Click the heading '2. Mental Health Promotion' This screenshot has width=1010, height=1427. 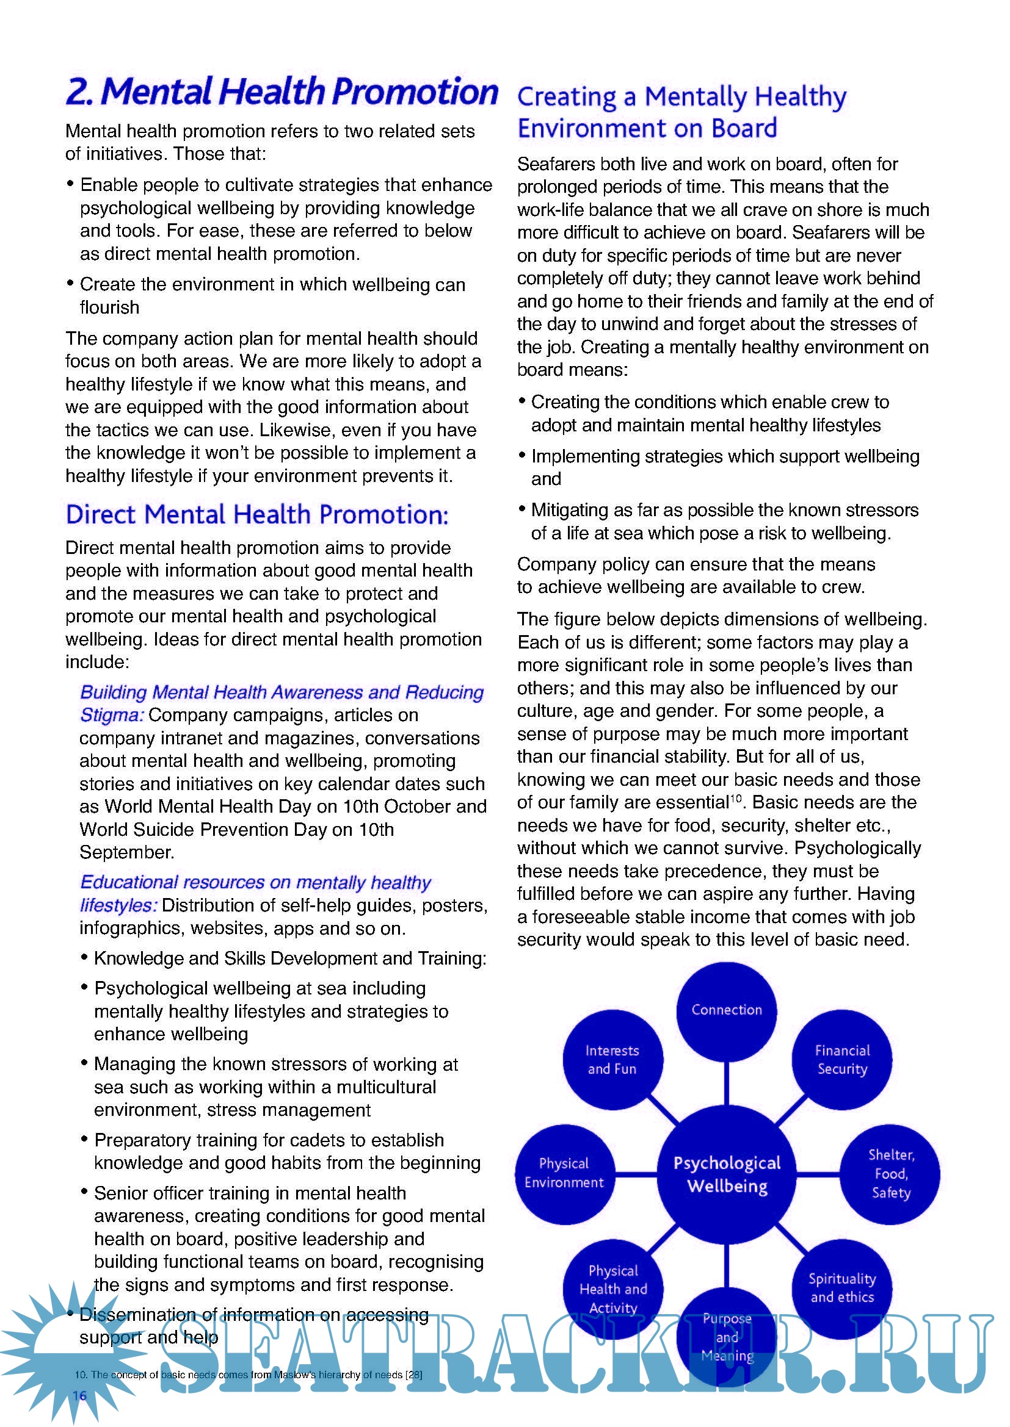click(x=281, y=92)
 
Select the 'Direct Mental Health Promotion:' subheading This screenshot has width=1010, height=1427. click(x=257, y=515)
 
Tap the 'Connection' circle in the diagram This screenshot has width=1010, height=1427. click(x=727, y=1010)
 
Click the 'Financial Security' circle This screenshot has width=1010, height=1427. click(x=842, y=1060)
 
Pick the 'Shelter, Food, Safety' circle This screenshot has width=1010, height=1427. click(x=890, y=1174)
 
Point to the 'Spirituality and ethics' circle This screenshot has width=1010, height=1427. click(x=842, y=1288)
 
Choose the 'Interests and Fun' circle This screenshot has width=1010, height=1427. click(x=612, y=1060)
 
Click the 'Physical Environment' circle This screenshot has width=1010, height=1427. click(x=564, y=1173)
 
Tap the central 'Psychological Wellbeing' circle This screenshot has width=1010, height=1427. click(x=727, y=1174)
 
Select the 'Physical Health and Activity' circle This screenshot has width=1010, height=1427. click(x=613, y=1289)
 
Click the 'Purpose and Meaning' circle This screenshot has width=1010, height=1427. click(x=727, y=1336)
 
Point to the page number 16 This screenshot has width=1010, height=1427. click(x=79, y=1395)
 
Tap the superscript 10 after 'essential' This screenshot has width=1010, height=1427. click(x=736, y=798)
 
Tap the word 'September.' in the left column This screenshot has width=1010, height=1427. click(x=127, y=853)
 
